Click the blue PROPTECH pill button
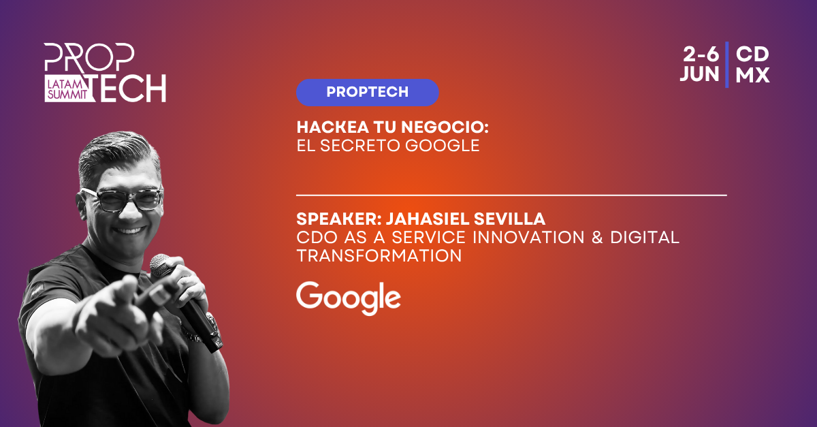click(367, 93)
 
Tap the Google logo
click(349, 298)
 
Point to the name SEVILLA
click(509, 219)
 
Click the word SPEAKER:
click(339, 219)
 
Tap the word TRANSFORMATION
click(379, 255)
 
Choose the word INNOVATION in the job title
click(529, 237)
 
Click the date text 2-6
click(701, 54)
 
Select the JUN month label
click(699, 74)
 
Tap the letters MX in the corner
click(752, 75)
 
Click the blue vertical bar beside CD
click(727, 65)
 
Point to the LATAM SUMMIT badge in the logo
click(67, 89)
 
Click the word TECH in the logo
click(128, 88)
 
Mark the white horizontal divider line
click(511, 195)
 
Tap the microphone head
click(161, 265)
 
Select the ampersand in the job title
click(597, 237)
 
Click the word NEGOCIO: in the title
click(445, 127)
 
